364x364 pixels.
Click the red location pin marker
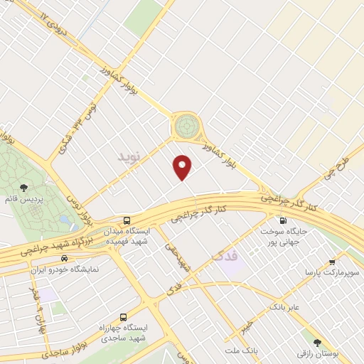click(x=183, y=166)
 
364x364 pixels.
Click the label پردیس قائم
click(x=25, y=200)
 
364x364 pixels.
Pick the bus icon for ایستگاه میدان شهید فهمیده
click(x=127, y=221)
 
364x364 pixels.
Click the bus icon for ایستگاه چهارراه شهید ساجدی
click(x=124, y=317)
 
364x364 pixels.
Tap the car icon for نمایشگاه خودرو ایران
click(x=64, y=259)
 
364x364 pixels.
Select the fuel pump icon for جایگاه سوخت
click(x=283, y=220)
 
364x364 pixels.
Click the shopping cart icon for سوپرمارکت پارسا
click(x=331, y=260)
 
